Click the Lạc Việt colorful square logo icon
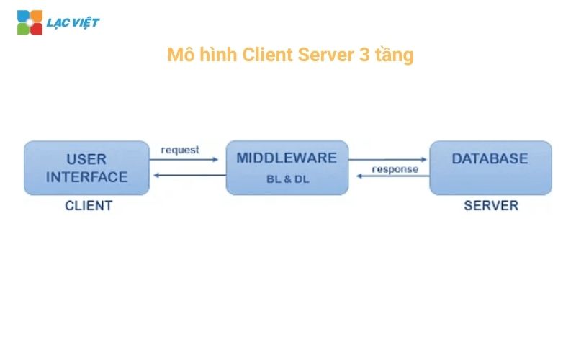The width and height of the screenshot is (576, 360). click(x=30, y=22)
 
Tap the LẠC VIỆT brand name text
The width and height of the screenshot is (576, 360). click(x=73, y=22)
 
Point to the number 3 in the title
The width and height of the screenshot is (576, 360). click(x=364, y=55)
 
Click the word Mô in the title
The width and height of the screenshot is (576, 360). click(x=177, y=55)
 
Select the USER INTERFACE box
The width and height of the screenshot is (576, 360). click(x=87, y=168)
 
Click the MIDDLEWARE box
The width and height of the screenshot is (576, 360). click(x=287, y=168)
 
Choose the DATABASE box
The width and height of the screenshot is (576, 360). click(x=490, y=168)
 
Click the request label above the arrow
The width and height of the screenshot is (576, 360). click(x=180, y=150)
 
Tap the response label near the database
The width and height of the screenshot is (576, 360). click(x=395, y=169)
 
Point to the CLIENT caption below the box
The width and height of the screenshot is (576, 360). click(x=89, y=205)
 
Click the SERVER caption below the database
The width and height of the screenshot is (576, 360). click(x=490, y=205)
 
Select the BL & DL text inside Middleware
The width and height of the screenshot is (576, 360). click(x=287, y=179)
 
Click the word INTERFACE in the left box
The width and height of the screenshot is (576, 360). click(x=87, y=176)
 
